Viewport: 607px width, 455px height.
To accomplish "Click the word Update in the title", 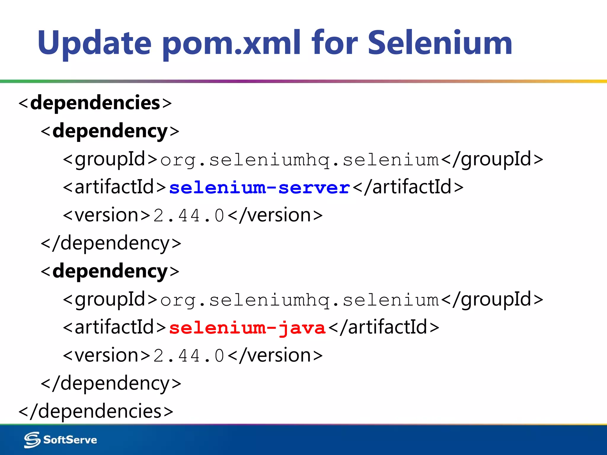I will (94, 43).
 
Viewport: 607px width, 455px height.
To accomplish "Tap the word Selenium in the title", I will (440, 43).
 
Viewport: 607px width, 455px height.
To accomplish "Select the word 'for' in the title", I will (335, 43).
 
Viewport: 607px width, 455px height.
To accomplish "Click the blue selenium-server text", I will (260, 188).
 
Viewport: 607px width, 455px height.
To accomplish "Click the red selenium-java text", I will (247, 328).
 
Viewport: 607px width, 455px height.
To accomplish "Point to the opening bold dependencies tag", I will (95, 103).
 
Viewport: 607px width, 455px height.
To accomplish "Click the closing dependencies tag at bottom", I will (96, 411).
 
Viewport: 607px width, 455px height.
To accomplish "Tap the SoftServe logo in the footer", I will (60, 440).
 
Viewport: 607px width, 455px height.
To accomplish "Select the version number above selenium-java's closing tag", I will (189, 355).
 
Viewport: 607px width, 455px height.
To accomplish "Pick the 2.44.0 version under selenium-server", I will (189, 215).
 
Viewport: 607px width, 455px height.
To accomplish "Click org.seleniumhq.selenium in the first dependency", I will (299, 160).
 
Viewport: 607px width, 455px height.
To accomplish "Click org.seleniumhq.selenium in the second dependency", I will (299, 300).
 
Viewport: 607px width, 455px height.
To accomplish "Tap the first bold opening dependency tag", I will (110, 131).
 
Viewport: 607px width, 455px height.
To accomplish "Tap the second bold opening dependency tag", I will (110, 271).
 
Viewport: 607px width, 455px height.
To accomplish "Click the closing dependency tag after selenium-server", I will (111, 243).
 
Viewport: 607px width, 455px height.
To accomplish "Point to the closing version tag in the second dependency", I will (276, 355).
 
